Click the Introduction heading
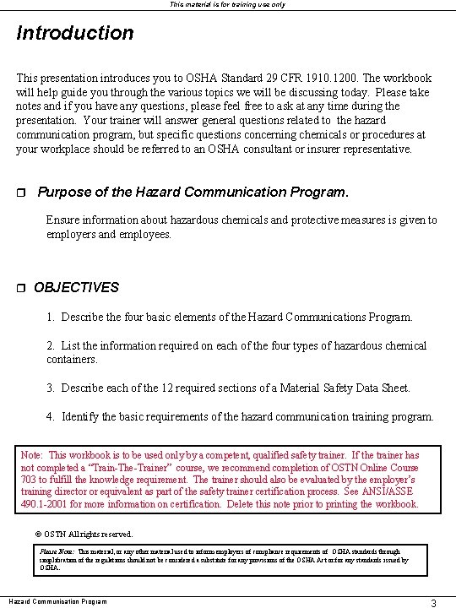[75, 34]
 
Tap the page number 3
[432, 603]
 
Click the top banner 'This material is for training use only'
[228, 4]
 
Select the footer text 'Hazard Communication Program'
[57, 601]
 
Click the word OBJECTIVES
[77, 288]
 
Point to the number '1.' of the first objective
[51, 318]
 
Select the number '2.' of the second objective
[51, 345]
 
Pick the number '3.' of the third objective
[51, 388]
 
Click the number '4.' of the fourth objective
[51, 416]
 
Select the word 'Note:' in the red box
[34, 455]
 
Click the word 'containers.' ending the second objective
[73, 359]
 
